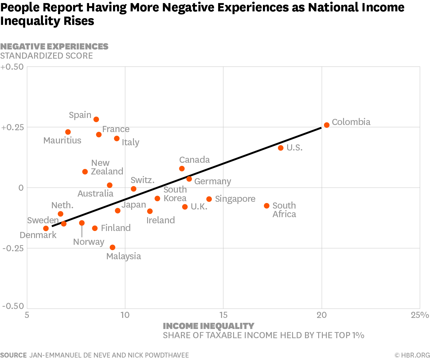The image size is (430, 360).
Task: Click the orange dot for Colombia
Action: point(326,125)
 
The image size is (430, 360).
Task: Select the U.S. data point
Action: point(280,148)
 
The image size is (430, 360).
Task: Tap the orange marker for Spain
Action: point(96,119)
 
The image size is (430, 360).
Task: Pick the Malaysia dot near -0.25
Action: point(112,247)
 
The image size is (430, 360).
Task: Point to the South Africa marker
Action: point(267,206)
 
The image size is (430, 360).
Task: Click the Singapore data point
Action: point(209,199)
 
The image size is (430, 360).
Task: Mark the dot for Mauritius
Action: point(68,132)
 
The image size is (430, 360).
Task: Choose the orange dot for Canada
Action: point(182,169)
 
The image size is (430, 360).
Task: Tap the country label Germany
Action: point(213,182)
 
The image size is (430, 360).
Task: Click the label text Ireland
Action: point(160,220)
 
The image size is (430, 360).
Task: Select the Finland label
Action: point(115,228)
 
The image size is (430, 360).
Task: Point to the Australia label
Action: point(95,194)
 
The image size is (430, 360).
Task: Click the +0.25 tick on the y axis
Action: point(12,127)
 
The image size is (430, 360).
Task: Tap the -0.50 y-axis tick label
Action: point(13,306)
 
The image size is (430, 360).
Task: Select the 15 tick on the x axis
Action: point(223,315)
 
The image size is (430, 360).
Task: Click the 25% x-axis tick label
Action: point(420,315)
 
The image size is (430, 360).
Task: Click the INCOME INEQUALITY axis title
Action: point(208,326)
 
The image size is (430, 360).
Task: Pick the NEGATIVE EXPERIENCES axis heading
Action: point(54,46)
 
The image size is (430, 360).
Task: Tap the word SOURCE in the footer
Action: point(14,355)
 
